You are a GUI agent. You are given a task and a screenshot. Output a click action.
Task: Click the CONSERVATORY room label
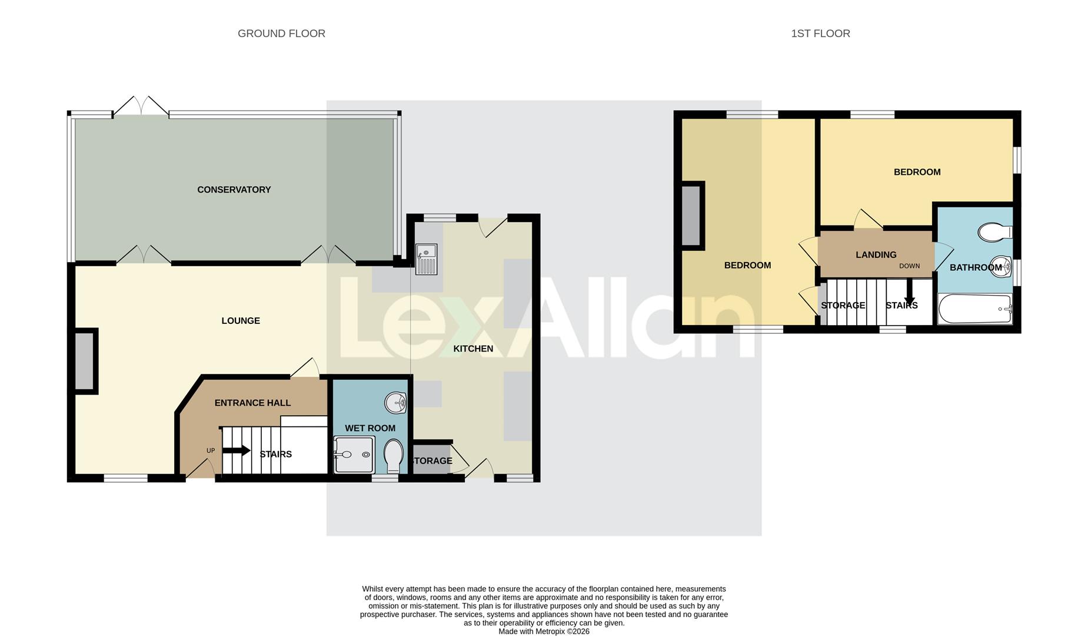[234, 190]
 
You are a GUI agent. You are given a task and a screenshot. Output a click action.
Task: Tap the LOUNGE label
[240, 321]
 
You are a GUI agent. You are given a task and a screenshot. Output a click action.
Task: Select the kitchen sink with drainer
[427, 259]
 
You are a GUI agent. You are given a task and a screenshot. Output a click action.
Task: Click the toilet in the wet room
[393, 457]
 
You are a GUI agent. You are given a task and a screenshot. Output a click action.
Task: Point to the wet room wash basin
[395, 403]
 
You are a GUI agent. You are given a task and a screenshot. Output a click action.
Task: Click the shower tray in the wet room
[353, 455]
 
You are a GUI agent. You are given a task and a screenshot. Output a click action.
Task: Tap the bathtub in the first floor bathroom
[974, 309]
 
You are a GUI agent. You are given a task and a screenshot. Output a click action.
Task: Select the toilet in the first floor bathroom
[994, 231]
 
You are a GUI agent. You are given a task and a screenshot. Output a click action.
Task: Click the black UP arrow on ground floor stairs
[237, 450]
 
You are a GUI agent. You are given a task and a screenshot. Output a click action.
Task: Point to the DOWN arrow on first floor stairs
[909, 292]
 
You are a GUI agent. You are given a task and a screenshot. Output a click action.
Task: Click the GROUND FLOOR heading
[281, 34]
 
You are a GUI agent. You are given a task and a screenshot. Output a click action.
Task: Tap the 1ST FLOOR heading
[820, 34]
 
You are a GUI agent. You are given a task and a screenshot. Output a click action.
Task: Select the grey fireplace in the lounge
[85, 361]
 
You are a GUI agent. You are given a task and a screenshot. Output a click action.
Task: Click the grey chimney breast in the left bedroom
[691, 215]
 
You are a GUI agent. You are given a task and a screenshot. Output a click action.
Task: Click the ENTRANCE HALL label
[252, 403]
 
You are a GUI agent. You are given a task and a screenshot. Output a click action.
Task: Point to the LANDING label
[876, 255]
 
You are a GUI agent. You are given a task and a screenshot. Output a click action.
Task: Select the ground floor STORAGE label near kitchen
[432, 461]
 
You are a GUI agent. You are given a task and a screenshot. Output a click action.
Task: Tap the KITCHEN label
[473, 349]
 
